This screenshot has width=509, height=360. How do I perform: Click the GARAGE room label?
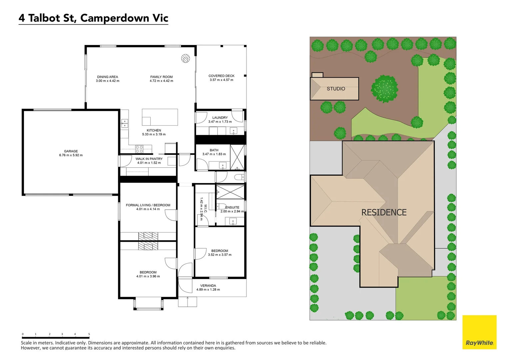coord(71,151)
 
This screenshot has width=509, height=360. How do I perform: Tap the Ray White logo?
coord(479,332)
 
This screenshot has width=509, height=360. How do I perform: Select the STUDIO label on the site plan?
coord(336,89)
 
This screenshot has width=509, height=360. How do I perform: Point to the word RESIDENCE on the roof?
coord(384,212)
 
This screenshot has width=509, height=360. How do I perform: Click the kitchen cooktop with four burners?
coord(139,149)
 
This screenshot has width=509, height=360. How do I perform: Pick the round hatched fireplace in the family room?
coord(186,58)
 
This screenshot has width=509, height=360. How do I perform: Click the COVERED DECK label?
coord(222,76)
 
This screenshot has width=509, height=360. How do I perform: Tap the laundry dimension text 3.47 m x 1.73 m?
coord(220,122)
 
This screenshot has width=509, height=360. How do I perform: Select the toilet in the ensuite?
coord(221,206)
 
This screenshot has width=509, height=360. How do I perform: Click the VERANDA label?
coord(208,286)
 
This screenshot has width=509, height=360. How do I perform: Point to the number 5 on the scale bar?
coord(89,334)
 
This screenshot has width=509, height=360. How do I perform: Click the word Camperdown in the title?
coord(115,18)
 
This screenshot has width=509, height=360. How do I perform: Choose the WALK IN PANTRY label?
coord(149,159)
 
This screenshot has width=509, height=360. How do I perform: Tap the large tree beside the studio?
coord(384,89)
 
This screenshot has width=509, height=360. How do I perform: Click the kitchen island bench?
coord(160,117)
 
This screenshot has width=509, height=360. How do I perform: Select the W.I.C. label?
coord(206,209)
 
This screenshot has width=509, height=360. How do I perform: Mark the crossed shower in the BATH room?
coord(237,157)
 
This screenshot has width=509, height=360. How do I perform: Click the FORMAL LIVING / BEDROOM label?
coord(148,205)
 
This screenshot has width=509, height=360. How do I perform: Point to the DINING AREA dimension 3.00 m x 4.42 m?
coord(108,81)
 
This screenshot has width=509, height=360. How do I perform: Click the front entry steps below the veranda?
coord(188,302)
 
